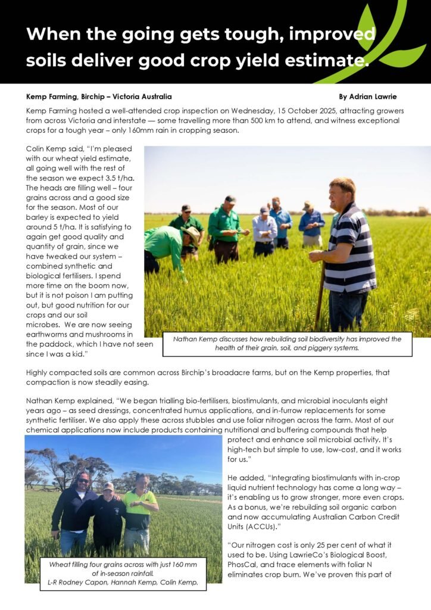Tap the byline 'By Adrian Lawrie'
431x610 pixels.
pyautogui.click(x=367, y=97)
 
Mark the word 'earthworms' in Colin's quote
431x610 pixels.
pyautogui.click(x=48, y=335)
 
